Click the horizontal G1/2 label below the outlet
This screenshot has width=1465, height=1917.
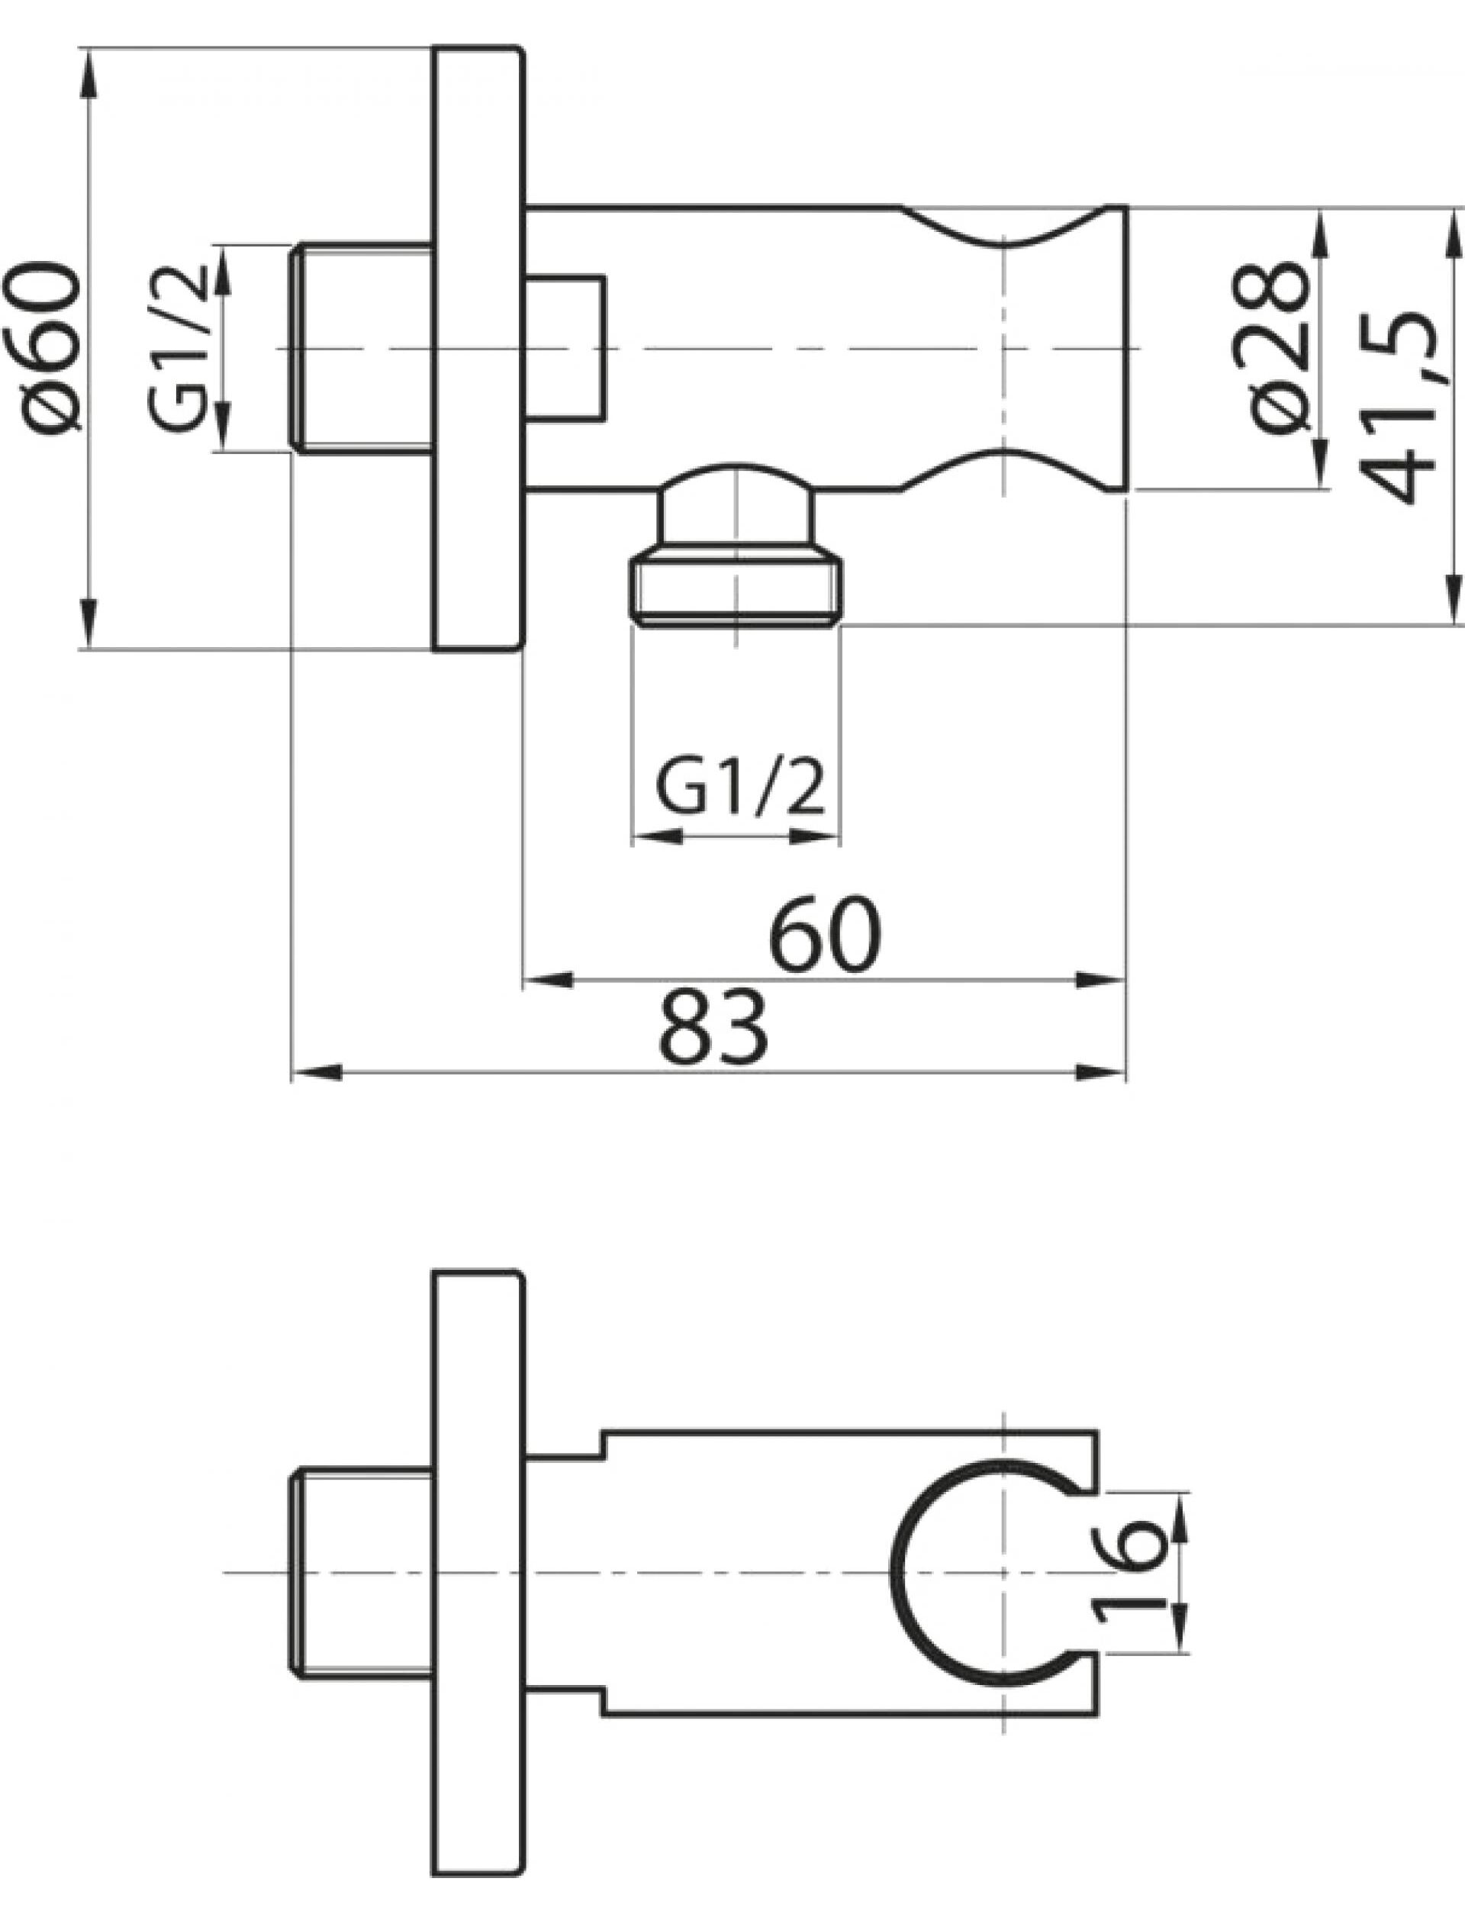point(739,788)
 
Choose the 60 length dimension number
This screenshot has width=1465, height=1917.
point(825,934)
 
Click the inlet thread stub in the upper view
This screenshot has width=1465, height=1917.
point(361,347)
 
